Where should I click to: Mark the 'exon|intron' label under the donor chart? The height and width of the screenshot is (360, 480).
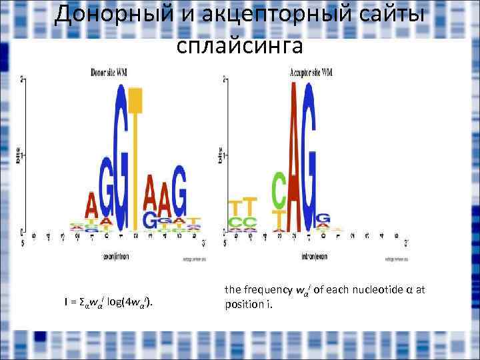pyautogui.click(x=113, y=256)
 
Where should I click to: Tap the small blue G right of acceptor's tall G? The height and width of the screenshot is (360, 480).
pyautogui.click(x=323, y=219)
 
